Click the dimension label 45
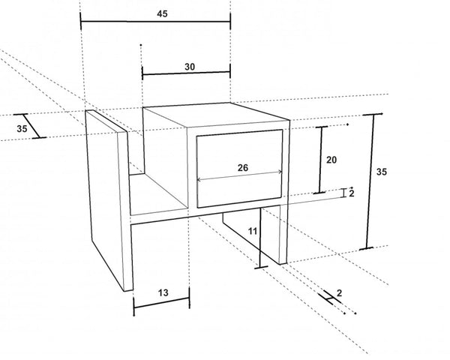pyautogui.click(x=162, y=13)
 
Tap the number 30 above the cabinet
pyautogui.click(x=190, y=67)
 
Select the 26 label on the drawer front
pyautogui.click(x=243, y=168)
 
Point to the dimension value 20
pyautogui.click(x=331, y=160)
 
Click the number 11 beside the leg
pyautogui.click(x=253, y=231)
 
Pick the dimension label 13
pyautogui.click(x=163, y=292)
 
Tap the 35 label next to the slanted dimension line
pyautogui.click(x=22, y=128)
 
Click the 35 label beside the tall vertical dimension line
pyautogui.click(x=382, y=172)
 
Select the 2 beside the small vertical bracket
pyautogui.click(x=352, y=193)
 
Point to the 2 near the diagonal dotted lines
pyautogui.click(x=340, y=293)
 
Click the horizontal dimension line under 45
pyautogui.click(x=155, y=21)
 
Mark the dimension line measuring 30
pyautogui.click(x=186, y=73)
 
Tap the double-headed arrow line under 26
pyautogui.click(x=240, y=176)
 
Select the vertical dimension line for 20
pyautogui.click(x=321, y=160)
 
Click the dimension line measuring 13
pyautogui.click(x=161, y=303)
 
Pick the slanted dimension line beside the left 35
pyautogui.click(x=30, y=126)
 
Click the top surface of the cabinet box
pyautogui.click(x=215, y=114)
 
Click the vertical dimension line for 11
pyautogui.click(x=260, y=238)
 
